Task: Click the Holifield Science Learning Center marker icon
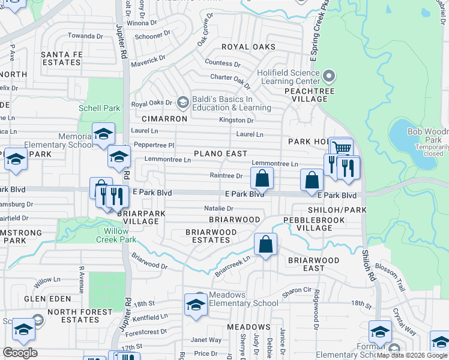coord(328,76)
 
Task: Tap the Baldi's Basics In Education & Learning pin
coord(182,103)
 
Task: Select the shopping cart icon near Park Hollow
coord(341,148)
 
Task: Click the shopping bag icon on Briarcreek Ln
coord(265,245)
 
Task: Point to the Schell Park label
coord(100,109)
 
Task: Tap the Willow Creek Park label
coord(112,235)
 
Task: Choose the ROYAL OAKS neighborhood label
coord(249,47)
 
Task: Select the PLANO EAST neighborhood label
coord(220,154)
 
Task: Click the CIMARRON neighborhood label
coord(165,119)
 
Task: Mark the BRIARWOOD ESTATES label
coord(208,236)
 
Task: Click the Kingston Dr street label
coord(236,120)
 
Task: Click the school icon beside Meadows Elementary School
coord(196,304)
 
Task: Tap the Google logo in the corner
coord(20,353)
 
